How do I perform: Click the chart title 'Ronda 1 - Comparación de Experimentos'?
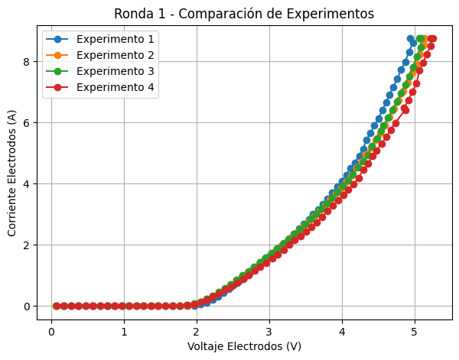(244, 14)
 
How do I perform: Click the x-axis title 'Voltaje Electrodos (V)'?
(244, 346)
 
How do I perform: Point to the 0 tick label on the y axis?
(25, 306)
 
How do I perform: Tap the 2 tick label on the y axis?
(25, 245)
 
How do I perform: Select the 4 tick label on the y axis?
(25, 184)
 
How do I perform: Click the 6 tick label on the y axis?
(25, 123)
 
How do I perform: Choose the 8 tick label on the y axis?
(25, 62)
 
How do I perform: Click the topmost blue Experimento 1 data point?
(411, 38)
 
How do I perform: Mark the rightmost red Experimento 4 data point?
(433, 38)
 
